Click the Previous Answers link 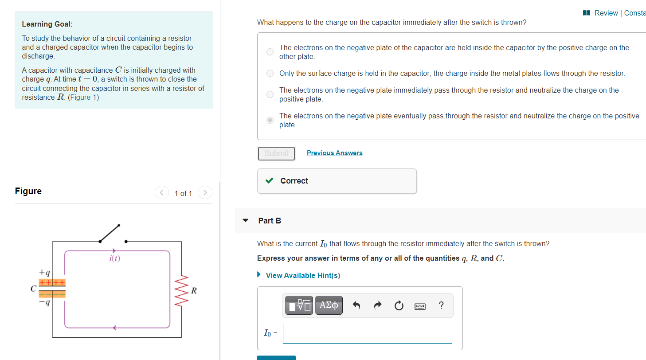tap(334, 153)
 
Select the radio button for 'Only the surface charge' tap(270, 74)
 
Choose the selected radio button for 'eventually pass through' tap(270, 120)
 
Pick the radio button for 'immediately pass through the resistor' tap(270, 94)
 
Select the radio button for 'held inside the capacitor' tap(270, 52)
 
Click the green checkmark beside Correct tap(269, 181)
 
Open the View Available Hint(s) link tap(302, 275)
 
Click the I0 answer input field tap(367, 333)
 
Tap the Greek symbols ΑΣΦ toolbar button tap(329, 305)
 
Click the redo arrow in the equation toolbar tap(377, 305)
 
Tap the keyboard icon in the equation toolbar tap(419, 305)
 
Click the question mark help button tap(441, 305)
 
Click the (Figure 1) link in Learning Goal tap(83, 97)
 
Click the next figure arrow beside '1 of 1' tap(204, 193)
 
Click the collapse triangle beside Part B tap(246, 220)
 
